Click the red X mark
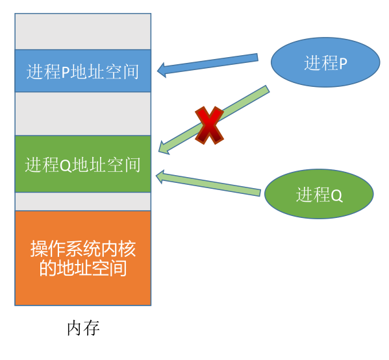209,125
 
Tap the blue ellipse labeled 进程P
325,62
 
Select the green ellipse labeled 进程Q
319,194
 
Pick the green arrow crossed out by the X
214,120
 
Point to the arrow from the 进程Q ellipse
208,183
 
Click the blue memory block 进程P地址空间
83,71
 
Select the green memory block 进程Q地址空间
83,164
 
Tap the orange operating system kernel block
83,258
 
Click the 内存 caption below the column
83,328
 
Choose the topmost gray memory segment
83,32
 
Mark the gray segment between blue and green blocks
83,114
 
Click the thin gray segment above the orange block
83,202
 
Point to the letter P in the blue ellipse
343,64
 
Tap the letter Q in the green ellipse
336,196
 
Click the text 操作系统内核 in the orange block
83,248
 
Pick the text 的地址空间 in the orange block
83,268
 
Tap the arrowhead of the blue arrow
162,70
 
